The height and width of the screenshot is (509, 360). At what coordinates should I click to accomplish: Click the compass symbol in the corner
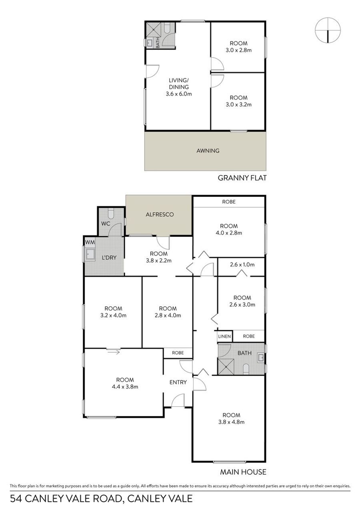click(x=328, y=30)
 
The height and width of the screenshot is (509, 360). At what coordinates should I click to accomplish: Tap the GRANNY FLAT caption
click(x=242, y=178)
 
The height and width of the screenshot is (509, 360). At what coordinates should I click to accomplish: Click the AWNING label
click(x=208, y=151)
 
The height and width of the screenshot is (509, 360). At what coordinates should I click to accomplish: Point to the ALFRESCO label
click(x=160, y=214)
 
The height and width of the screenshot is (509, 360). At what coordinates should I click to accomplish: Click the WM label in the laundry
click(x=90, y=242)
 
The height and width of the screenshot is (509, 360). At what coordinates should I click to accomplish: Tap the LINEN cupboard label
click(x=224, y=336)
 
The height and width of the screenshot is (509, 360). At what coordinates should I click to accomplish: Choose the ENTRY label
click(x=178, y=382)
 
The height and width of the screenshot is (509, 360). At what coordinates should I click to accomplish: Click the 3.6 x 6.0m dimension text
click(x=179, y=94)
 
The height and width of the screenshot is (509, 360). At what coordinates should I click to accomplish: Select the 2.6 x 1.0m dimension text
click(x=242, y=265)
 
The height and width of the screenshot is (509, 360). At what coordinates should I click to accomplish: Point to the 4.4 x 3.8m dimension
click(x=125, y=387)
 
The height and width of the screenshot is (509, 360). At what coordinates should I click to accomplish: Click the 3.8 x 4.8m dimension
click(x=231, y=422)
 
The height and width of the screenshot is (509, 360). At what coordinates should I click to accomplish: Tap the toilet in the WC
click(x=111, y=213)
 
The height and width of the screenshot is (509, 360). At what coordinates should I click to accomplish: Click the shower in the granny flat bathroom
click(x=154, y=29)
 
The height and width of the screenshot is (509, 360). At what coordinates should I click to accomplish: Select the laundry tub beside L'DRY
click(x=90, y=254)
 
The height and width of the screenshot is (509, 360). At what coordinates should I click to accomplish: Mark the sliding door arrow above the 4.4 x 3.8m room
click(x=113, y=352)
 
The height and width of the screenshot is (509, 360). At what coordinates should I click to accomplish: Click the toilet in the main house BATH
click(x=246, y=369)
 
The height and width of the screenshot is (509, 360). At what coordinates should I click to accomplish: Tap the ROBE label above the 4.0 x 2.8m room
click(x=229, y=202)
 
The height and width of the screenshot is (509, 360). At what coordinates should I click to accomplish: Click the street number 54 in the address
click(x=16, y=499)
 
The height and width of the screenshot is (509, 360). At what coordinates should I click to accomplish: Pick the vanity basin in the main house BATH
click(x=261, y=358)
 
